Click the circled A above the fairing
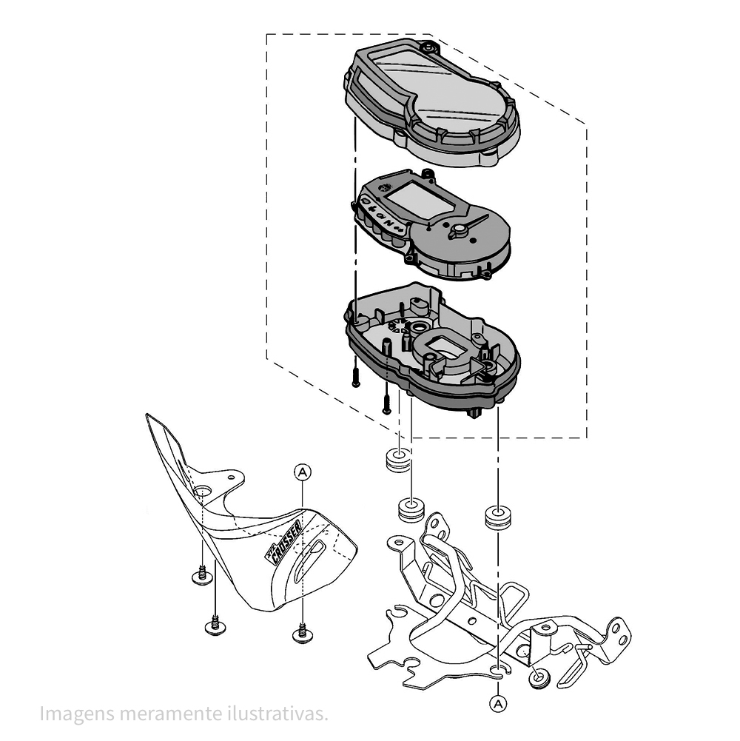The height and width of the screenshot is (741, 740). point(303,472)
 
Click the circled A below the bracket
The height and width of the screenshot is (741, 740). point(498,704)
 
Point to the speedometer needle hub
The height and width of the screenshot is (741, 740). point(458,232)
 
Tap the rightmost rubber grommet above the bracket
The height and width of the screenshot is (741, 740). point(498,517)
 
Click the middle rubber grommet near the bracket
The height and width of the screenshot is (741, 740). point(411,509)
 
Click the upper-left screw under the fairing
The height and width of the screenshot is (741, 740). point(202,575)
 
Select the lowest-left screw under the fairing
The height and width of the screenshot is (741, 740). point(215,626)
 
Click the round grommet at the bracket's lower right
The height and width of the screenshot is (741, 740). point(539,677)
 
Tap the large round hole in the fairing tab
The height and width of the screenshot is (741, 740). point(202,491)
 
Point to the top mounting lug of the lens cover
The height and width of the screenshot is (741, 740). point(429,47)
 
